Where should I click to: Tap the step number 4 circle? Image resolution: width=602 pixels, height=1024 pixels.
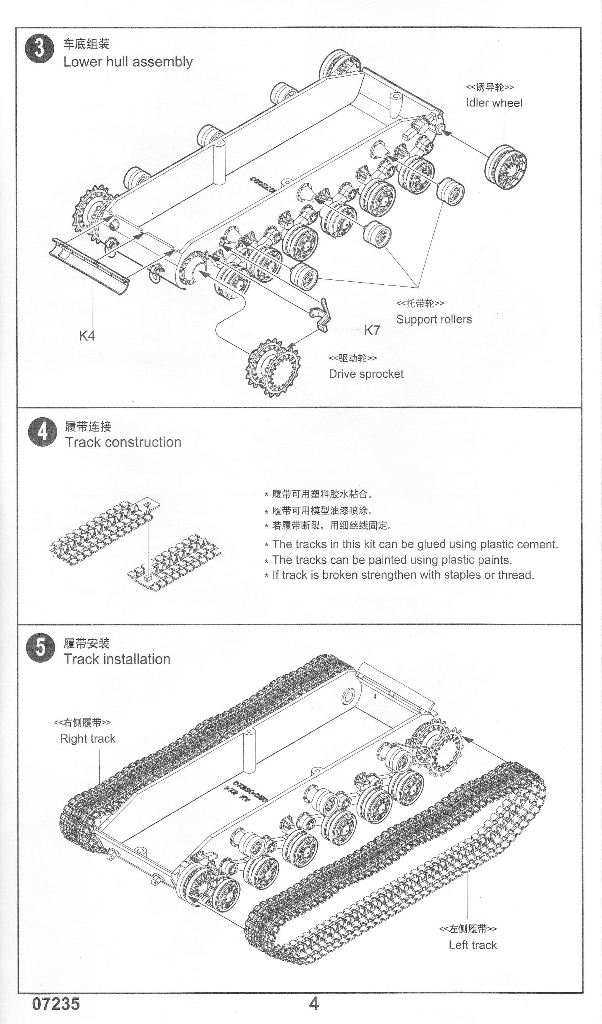click(41, 433)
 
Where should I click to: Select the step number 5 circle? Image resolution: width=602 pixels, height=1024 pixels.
click(40, 650)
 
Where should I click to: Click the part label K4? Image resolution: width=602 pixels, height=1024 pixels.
click(87, 335)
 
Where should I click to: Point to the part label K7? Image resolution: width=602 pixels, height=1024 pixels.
click(371, 330)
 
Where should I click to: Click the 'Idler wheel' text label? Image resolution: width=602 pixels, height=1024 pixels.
click(493, 103)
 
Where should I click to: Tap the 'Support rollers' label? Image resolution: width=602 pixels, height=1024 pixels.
click(433, 319)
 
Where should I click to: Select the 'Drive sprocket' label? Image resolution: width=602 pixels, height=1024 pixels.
click(366, 374)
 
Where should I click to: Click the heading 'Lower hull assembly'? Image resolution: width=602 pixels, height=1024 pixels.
click(128, 62)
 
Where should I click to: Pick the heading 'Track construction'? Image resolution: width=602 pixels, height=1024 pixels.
click(123, 442)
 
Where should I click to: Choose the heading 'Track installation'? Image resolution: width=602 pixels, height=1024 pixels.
click(117, 659)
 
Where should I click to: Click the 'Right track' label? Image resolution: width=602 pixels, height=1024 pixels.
click(88, 739)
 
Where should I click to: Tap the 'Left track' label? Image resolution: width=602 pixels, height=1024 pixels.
click(472, 944)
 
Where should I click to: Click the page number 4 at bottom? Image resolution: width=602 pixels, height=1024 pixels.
click(313, 1004)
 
